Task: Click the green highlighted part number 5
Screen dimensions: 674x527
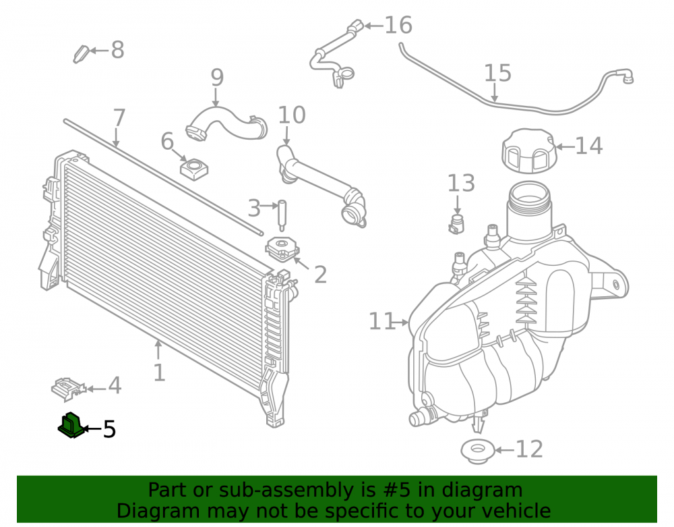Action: (x=71, y=426)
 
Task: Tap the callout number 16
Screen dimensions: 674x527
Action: (x=398, y=25)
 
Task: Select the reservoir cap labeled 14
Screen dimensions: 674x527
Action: (x=529, y=150)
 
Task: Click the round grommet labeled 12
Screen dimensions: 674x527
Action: (x=478, y=451)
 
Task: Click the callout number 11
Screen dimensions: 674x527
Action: (x=381, y=321)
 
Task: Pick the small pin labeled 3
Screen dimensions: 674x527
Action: (x=282, y=215)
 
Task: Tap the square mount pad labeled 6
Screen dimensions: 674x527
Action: (x=194, y=169)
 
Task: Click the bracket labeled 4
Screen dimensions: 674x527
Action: (x=68, y=389)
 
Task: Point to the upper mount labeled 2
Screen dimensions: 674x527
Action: (x=282, y=250)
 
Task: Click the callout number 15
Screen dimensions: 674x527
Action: (x=498, y=73)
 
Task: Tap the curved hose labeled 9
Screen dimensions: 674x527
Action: (x=226, y=124)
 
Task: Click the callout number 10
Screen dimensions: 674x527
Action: (x=292, y=115)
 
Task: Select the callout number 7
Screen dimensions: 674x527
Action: (x=119, y=117)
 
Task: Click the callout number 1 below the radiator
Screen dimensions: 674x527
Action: (x=160, y=372)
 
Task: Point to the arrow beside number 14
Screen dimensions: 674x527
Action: (x=565, y=146)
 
